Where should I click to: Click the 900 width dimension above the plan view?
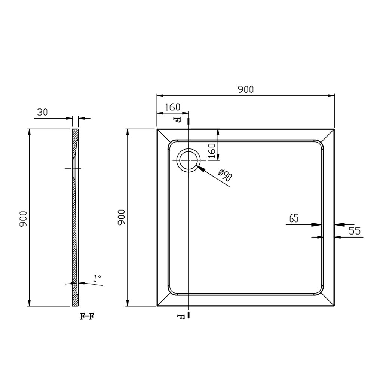coord(246,89)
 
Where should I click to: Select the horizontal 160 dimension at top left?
coord(172,107)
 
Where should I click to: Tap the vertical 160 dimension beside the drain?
coord(212,151)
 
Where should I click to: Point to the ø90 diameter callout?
coord(225,175)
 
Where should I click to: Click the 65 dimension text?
coord(294,218)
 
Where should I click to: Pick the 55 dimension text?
coord(355,231)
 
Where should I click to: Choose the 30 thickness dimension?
coord(42,112)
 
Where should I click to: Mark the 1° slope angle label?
coord(97,278)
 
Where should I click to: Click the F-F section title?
coord(87,316)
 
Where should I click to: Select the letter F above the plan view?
coord(177,120)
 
